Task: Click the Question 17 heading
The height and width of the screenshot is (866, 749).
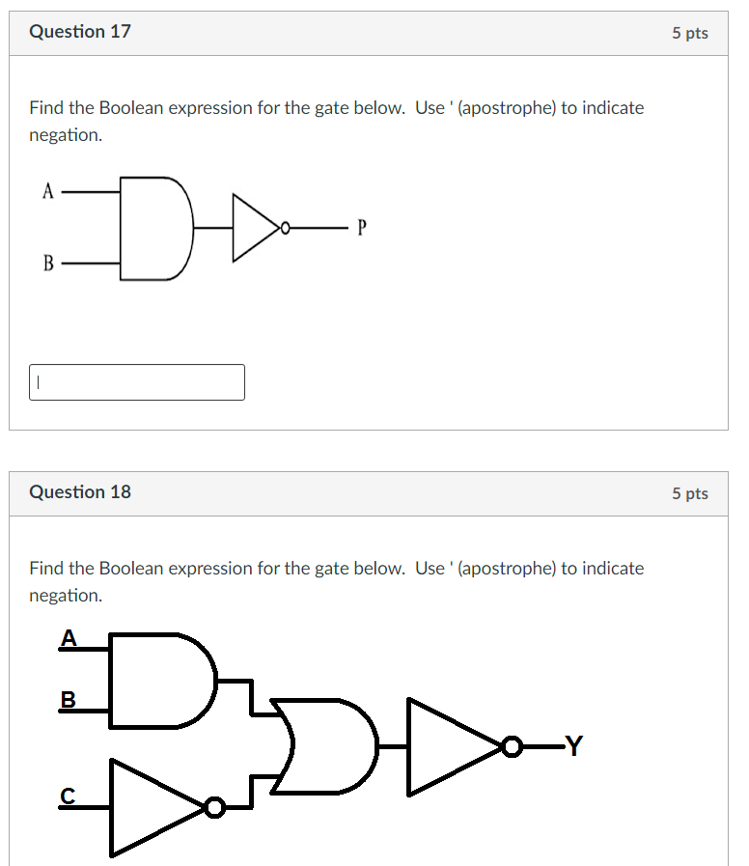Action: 80,32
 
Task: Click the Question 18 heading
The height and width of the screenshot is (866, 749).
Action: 80,492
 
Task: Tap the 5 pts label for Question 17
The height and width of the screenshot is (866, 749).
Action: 690,33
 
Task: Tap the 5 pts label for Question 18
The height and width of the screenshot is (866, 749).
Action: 690,493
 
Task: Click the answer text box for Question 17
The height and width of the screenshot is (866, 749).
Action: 137,382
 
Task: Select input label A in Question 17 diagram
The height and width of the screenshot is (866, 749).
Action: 46,191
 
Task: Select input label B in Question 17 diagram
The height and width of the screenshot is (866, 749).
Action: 47,263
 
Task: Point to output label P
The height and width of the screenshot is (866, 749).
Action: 362,228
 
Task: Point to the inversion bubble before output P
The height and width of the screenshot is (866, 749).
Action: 284,229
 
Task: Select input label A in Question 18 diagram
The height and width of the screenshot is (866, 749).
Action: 69,637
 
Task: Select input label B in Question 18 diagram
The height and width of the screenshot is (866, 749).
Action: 68,699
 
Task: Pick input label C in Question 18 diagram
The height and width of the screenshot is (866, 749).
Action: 67,795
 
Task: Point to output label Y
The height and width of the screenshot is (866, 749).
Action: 573,745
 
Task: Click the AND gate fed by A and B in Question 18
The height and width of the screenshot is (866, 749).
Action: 160,680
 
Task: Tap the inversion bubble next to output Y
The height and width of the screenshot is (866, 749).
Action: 512,746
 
